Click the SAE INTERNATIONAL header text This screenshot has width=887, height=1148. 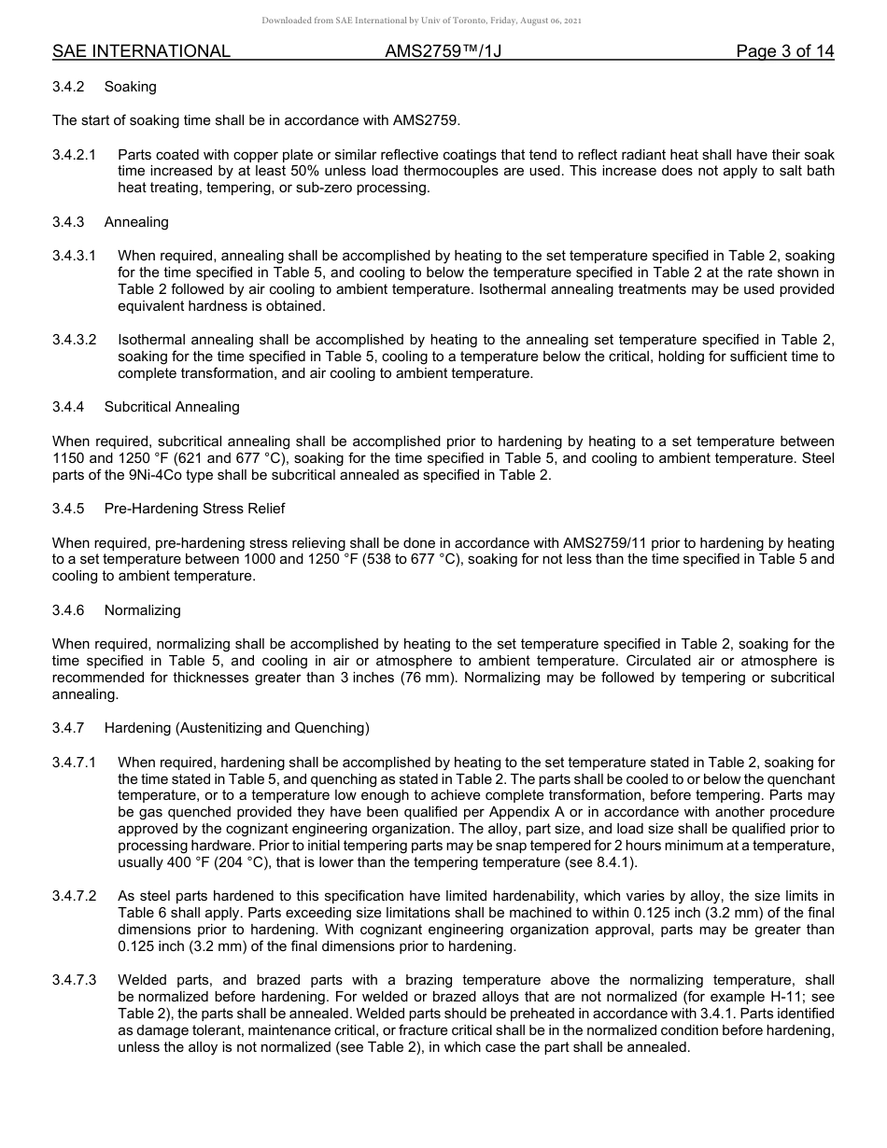click(x=141, y=51)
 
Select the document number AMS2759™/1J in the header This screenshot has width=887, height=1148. click(x=443, y=51)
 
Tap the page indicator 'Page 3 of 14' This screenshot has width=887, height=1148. click(x=784, y=51)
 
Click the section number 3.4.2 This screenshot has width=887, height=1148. click(x=68, y=87)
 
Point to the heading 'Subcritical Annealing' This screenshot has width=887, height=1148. click(x=172, y=407)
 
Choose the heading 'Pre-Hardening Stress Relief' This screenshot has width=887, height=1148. click(x=194, y=509)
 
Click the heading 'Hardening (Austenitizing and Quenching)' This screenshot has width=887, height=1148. click(x=236, y=728)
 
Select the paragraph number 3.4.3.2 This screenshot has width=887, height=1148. click(x=75, y=340)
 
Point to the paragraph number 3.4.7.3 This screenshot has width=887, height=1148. click(x=75, y=980)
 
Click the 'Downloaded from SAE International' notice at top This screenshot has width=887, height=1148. click(x=422, y=21)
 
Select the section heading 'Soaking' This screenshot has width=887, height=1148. click(x=130, y=87)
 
